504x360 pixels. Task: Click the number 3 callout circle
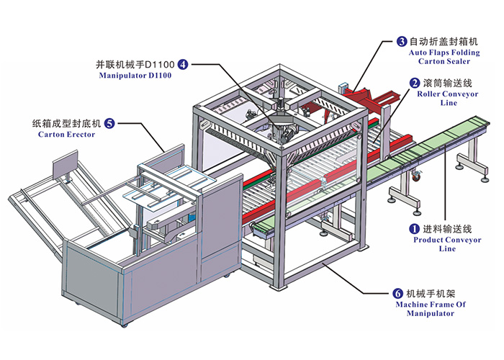[401, 42]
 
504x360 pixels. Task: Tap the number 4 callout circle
[184, 64]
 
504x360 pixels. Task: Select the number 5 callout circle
[109, 123]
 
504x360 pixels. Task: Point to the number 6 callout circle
[397, 294]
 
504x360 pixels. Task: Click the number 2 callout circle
[415, 83]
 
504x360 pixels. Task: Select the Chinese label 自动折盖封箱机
[444, 42]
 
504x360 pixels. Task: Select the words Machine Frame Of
[431, 305]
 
